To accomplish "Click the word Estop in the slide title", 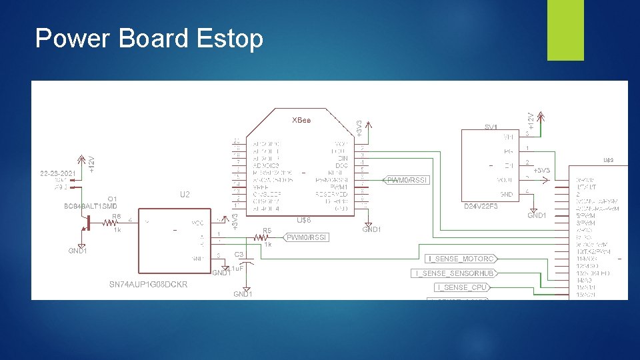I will [x=230, y=39].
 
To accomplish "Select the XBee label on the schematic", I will [x=301, y=120].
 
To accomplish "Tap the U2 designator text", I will [x=185, y=195].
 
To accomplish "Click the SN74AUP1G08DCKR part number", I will [x=148, y=285].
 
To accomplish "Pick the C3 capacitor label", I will [x=239, y=254].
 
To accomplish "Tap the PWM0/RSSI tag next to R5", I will [x=307, y=237].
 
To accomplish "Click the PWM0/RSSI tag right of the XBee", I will [x=406, y=180].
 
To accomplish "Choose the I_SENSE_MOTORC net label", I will [x=461, y=258].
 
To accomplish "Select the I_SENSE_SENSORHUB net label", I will [x=455, y=273].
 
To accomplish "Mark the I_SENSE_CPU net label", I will [x=461, y=287].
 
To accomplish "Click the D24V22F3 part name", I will [x=481, y=207].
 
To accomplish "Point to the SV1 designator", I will [x=491, y=127].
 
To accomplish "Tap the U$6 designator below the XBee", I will [x=304, y=220].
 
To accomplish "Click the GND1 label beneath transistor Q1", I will [x=77, y=251].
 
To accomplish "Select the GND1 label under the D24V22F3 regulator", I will [x=537, y=215].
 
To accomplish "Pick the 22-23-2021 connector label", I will [x=57, y=173].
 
